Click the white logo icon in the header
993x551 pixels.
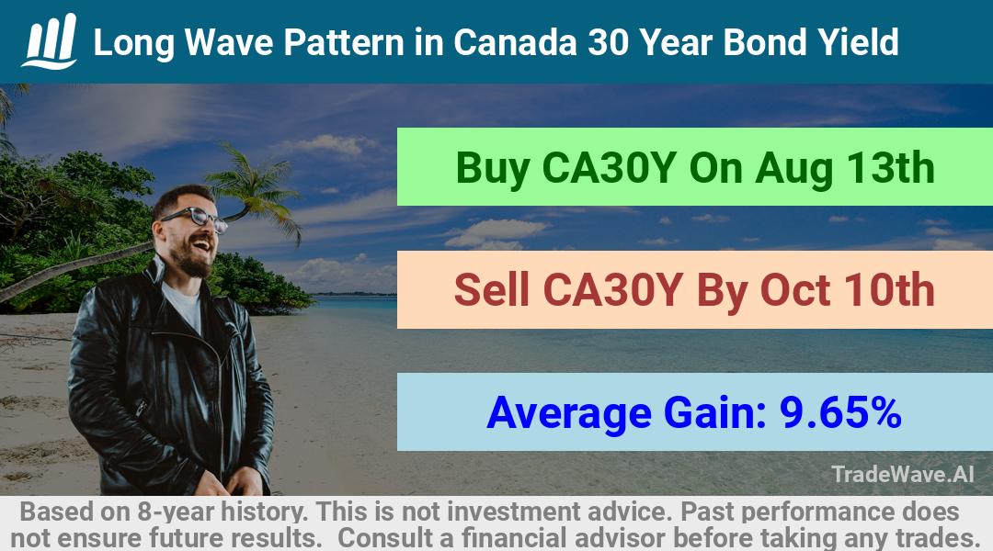50,41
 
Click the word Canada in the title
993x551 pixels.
515,42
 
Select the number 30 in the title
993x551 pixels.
608,42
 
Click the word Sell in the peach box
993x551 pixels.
491,290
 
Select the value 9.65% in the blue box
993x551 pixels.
840,412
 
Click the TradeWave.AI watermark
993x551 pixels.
903,474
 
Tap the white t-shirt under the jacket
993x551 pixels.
184,305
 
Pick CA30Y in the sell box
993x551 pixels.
611,290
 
